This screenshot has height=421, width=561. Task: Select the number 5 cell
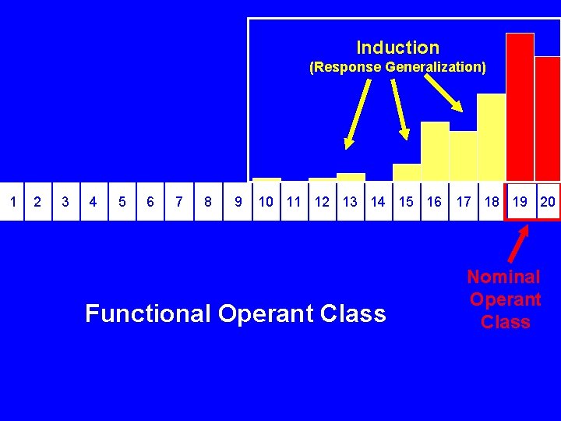tap(122, 202)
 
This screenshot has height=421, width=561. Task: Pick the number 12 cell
tap(322, 202)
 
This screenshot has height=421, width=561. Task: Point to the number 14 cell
tap(378, 202)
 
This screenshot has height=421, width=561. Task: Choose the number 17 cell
tap(464, 202)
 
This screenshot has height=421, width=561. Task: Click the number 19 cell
tap(520, 202)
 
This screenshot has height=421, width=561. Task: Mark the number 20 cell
tap(548, 202)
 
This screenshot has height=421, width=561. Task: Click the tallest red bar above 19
tap(520, 107)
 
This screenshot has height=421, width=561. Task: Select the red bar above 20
tap(548, 119)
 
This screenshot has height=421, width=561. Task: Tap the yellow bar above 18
tap(492, 137)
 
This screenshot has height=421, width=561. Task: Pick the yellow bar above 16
tap(435, 151)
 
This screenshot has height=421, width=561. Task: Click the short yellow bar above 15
tap(407, 172)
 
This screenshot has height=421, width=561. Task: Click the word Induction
tap(397, 48)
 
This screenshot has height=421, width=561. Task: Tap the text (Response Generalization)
tap(397, 67)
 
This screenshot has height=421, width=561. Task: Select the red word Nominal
tap(503, 277)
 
